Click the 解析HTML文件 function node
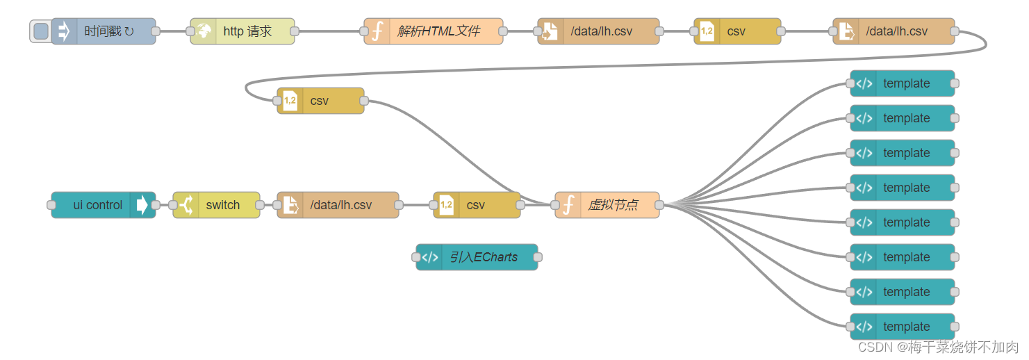tap(438, 31)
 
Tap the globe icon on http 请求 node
tap(204, 31)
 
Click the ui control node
tap(97, 205)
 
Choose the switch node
tap(222, 205)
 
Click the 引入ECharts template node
tap(483, 257)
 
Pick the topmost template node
tap(906, 83)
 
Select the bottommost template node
tap(906, 327)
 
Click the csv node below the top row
tap(320, 101)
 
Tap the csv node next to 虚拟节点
tap(476, 205)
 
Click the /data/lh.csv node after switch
tap(340, 205)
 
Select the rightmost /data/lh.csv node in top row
tap(896, 31)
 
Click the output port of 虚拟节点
tap(659, 205)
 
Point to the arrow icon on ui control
tap(142, 205)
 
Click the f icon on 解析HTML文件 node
tap(377, 31)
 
